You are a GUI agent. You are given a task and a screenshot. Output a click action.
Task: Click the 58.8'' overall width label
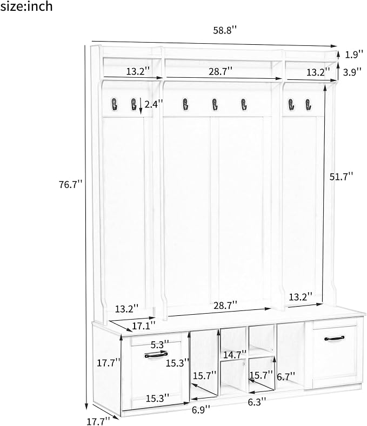point(225,30)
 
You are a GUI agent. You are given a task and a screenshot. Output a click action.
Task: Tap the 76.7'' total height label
point(71,185)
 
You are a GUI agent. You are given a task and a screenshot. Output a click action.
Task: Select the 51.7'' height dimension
point(341,177)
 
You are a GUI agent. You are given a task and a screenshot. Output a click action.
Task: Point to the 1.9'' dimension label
point(354,55)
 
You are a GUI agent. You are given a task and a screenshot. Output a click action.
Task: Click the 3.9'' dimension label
point(352,72)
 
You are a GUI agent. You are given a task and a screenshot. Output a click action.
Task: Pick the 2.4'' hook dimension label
point(154,104)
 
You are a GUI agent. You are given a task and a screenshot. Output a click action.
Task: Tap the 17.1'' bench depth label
point(144,326)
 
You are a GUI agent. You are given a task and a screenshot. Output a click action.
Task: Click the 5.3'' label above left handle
point(160,344)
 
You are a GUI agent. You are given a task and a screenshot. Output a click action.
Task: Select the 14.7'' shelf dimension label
point(235,355)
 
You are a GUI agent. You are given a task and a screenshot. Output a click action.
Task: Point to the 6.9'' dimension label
point(201,409)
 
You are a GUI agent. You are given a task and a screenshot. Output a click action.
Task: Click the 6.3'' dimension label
point(257,402)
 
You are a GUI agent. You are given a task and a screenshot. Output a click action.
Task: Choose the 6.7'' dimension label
point(286,377)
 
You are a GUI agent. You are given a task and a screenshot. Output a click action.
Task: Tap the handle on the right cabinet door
point(334,339)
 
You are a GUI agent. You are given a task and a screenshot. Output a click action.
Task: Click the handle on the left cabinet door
point(156,355)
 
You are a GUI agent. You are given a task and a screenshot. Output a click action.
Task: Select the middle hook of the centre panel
point(215,104)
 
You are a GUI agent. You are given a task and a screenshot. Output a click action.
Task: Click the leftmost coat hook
point(114,104)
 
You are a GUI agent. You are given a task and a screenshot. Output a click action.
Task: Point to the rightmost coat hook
point(308,105)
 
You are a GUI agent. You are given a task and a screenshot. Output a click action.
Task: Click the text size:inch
point(26,6)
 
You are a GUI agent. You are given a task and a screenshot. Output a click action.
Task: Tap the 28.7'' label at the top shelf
point(221,71)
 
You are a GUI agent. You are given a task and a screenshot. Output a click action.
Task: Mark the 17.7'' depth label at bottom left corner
point(98,421)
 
